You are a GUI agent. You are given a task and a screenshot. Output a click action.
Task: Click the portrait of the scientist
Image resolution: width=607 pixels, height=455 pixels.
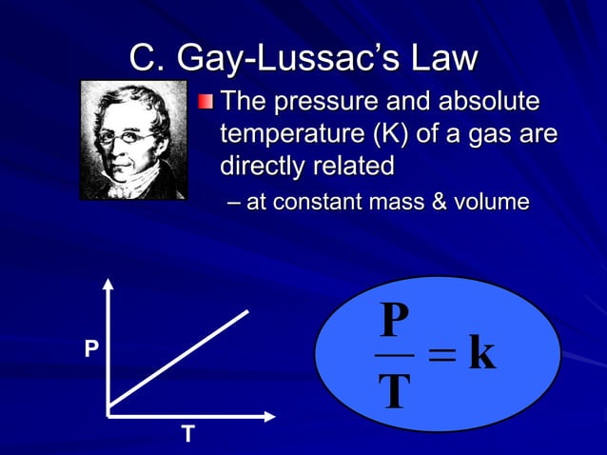pos(133,140)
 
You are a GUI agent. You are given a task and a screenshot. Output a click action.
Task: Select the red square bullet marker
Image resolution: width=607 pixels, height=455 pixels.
pos(206,103)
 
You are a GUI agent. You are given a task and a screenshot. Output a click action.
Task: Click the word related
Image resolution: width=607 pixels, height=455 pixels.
pos(356,166)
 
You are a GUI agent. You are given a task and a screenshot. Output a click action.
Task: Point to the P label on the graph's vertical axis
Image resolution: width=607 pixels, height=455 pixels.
pos(91,350)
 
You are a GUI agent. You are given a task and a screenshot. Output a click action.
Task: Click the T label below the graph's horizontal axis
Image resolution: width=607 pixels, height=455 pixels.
pos(187,435)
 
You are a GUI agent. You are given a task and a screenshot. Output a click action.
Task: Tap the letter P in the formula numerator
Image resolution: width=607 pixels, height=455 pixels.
pos(394,321)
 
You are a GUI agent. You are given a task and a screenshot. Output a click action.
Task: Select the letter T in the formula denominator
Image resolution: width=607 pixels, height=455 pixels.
pos(394,390)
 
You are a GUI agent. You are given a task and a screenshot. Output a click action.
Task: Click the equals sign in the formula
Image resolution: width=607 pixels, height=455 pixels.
pos(441,356)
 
